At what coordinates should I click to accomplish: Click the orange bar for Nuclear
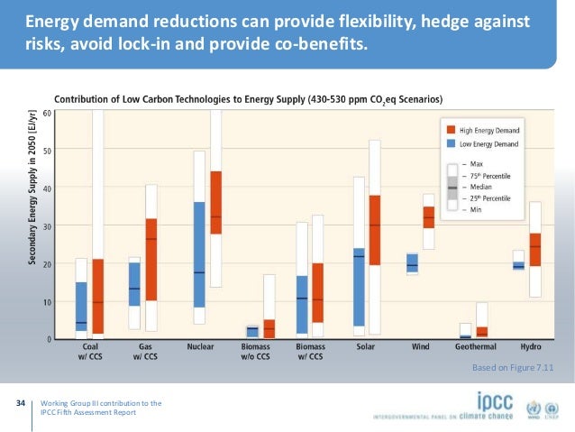215,202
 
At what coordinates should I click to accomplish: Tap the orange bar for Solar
374,229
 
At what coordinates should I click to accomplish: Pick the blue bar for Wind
412,262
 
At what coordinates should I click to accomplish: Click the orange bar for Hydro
535,250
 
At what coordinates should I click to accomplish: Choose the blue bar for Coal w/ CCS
81,307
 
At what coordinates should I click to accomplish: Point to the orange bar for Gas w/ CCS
151,259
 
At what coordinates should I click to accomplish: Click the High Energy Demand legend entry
486,130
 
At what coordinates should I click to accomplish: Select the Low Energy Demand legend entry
486,142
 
